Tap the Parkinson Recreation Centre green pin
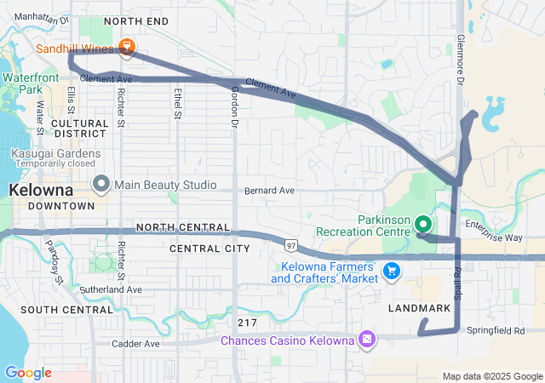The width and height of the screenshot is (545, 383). pyautogui.click(x=423, y=225)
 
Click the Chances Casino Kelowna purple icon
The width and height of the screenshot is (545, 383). pyautogui.click(x=367, y=340)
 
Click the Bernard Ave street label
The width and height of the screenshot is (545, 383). pyautogui.click(x=269, y=191)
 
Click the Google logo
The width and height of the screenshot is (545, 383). pyautogui.click(x=28, y=372)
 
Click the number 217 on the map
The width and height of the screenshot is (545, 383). pyautogui.click(x=247, y=323)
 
